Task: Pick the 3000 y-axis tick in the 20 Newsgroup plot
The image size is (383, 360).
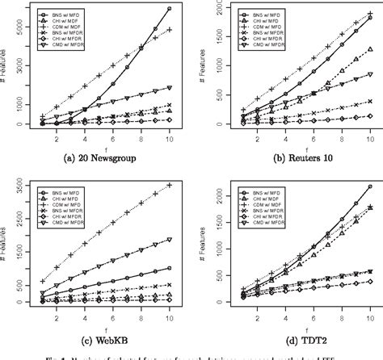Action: click(17, 65)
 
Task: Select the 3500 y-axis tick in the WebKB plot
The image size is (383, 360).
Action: click(17, 191)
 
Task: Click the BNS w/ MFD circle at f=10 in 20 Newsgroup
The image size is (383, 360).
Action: click(170, 8)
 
